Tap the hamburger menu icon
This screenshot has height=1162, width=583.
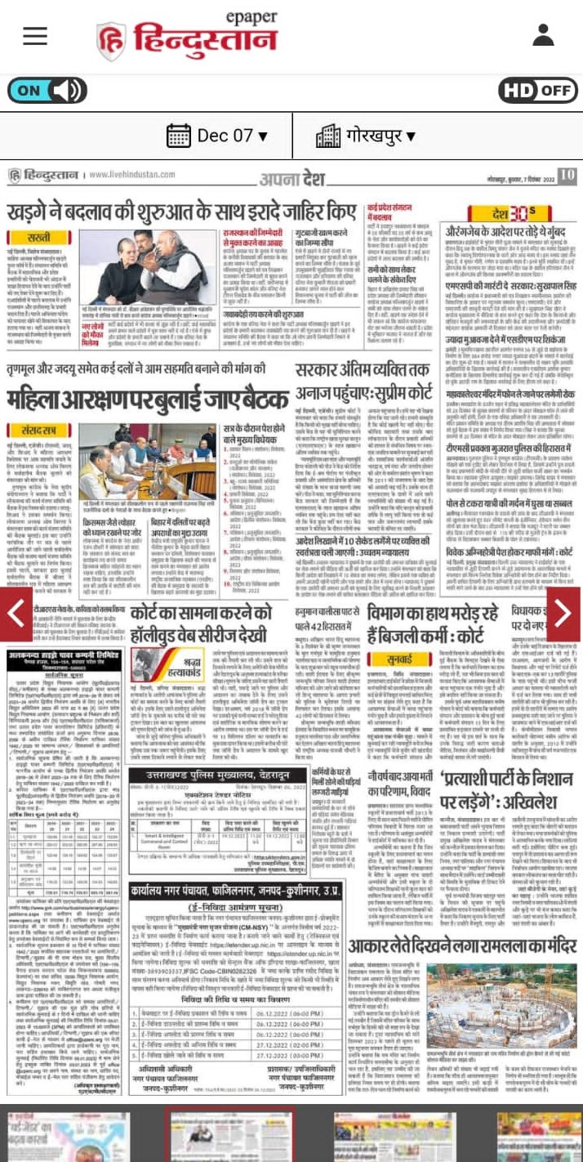(x=35, y=35)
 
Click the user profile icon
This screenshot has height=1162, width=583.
(x=543, y=35)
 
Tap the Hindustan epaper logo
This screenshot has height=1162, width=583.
(x=187, y=37)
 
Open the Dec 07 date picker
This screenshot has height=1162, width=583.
(x=210, y=135)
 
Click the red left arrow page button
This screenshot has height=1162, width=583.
(x=16, y=614)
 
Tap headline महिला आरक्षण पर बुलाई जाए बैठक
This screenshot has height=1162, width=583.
(x=148, y=400)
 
